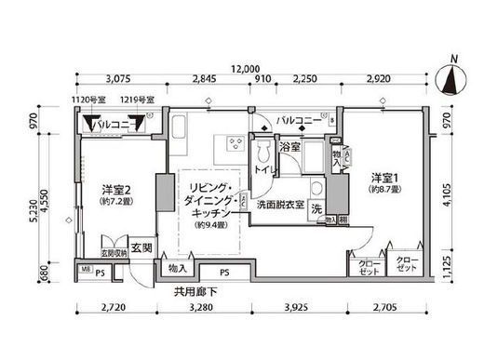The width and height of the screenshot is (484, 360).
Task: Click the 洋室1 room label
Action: coord(383,177)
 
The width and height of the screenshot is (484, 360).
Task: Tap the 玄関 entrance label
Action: coord(141,247)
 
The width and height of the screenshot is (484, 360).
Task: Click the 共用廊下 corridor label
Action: coord(193,290)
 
